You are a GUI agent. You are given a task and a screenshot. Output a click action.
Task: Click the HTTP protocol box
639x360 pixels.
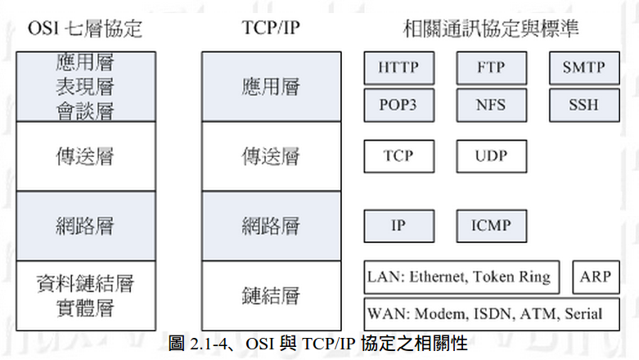coord(398,68)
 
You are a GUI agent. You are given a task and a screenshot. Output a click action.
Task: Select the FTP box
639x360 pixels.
coord(491,68)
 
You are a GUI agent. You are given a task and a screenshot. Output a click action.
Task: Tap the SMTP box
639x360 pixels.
coord(583,68)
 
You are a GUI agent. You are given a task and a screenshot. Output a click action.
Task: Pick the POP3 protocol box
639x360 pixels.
coord(398,105)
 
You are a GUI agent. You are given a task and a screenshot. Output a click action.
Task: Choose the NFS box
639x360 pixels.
coord(491,105)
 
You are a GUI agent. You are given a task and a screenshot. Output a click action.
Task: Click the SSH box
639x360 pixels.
coord(583,105)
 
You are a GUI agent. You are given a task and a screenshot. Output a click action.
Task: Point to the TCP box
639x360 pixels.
coord(398,155)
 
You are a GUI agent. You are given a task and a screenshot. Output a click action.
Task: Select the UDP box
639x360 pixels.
coord(491,155)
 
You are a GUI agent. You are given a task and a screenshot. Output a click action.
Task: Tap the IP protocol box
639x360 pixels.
coord(398,225)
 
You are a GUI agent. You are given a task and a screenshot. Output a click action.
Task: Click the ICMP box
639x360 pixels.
coord(491,225)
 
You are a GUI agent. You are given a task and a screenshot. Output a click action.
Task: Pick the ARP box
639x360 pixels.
coord(595,277)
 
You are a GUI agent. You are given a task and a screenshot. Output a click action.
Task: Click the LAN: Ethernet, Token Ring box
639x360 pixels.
coord(462,277)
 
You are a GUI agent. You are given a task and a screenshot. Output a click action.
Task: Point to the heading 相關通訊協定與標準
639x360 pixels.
coord(491,29)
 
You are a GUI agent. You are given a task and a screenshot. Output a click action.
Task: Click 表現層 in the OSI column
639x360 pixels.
coord(85,86)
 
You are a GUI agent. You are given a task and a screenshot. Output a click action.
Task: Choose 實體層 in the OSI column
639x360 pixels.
coord(85,308)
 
